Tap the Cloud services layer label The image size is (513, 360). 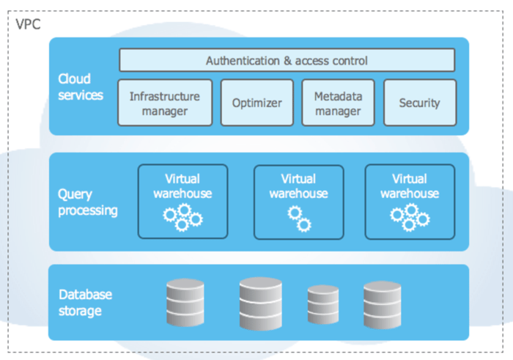click(x=81, y=86)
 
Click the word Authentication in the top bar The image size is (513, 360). click(x=243, y=60)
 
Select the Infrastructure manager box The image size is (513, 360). click(x=164, y=103)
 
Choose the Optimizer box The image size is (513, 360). click(x=256, y=103)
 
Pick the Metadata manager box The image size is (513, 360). click(x=338, y=103)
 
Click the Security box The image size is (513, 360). click(x=419, y=103)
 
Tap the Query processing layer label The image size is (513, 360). click(x=87, y=202)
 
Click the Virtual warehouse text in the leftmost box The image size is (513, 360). click(x=182, y=186)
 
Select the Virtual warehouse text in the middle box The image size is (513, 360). click(x=298, y=186)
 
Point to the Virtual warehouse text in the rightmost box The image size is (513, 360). click(x=409, y=186)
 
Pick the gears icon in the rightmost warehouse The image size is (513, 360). click(x=410, y=217)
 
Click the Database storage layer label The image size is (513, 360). click(x=85, y=303)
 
